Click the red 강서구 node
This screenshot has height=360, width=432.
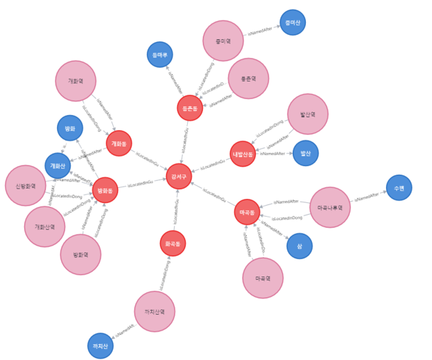[179, 176]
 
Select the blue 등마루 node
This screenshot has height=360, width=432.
[160, 55]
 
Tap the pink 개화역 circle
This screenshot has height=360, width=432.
[75, 81]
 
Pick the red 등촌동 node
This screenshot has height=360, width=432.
[189, 108]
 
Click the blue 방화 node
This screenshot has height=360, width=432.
[70, 128]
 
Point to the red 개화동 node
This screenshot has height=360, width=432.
[119, 143]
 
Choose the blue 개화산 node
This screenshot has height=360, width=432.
[58, 165]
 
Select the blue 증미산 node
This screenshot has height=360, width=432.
[293, 23]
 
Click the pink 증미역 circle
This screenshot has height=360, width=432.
[223, 41]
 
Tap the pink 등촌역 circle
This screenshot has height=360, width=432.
[248, 78]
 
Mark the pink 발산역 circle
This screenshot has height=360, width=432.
[308, 114]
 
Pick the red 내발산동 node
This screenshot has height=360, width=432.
[242, 154]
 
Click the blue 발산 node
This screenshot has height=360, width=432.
[306, 153]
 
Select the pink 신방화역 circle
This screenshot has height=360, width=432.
[25, 185]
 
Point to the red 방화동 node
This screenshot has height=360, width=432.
[105, 190]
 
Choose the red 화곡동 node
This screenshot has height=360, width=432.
[173, 243]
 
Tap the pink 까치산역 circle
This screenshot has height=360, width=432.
[154, 311]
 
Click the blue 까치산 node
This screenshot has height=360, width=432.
[100, 346]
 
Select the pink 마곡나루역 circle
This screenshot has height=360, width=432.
[330, 207]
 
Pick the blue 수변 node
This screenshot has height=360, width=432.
[399, 187]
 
